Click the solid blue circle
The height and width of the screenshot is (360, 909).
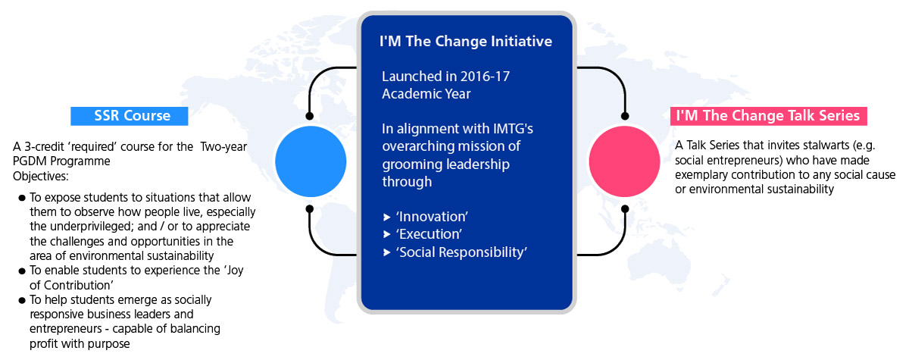coord(311,161)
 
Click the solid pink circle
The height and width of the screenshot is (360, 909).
coord(624,161)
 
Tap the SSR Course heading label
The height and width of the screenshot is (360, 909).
coord(129,116)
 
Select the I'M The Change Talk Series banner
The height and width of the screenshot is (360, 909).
coord(769,116)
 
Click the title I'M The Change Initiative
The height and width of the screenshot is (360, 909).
coord(465,42)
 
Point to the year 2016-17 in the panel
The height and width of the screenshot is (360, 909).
coord(485,77)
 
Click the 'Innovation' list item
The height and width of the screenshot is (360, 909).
coord(432,217)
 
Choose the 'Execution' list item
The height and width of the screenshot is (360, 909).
coord(429,234)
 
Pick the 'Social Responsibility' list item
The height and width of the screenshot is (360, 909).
coord(461,252)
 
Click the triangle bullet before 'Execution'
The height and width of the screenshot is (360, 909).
coord(387,235)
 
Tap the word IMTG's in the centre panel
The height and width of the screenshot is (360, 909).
coord(513,129)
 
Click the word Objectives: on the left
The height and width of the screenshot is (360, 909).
coord(41,177)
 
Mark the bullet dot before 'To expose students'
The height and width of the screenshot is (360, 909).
coord(22,198)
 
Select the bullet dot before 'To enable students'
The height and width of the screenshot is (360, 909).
coord(22,271)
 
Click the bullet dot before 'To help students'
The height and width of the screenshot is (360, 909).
coord(22,301)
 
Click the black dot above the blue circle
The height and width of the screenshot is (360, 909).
coord(310,116)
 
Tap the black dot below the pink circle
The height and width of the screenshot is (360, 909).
coord(625,209)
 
